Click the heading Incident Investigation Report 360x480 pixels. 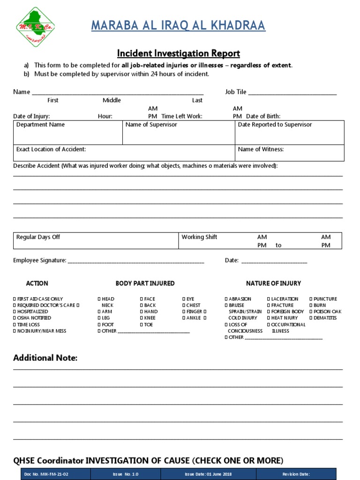coord(178,53)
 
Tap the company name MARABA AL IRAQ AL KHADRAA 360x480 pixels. coord(178,26)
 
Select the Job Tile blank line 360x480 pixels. coord(292,93)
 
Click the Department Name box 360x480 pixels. coord(67,132)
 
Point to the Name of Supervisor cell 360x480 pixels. coord(178,132)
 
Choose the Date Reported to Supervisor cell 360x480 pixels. coord(289,132)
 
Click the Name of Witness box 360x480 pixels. coord(289,153)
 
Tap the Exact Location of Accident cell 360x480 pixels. coord(124,153)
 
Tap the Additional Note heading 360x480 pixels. coord(45,358)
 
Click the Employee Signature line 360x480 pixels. coord(136,261)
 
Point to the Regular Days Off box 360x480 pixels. coord(96,241)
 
